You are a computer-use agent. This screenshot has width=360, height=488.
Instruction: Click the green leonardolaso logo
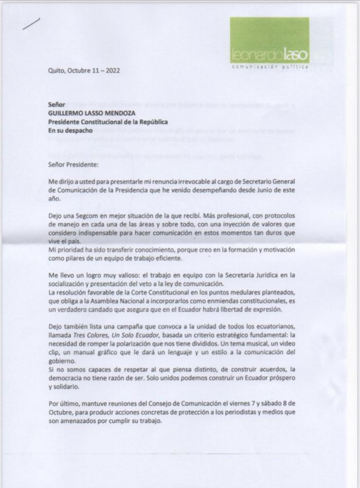coord(269,41)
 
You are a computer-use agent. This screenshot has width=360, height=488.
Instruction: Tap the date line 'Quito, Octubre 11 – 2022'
coord(84,70)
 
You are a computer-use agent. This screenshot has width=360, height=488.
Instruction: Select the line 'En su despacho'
coord(70,130)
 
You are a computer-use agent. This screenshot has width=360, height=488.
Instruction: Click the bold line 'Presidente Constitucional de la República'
coord(107,121)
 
